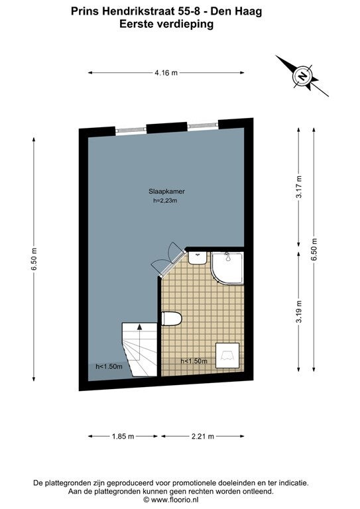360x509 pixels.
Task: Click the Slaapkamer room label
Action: pos(166,192)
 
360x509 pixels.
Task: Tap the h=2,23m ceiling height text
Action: pos(165,201)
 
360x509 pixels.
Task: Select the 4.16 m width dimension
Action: pos(166,73)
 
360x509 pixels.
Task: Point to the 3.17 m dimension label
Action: pos(299,187)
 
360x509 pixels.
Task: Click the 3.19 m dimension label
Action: pos(299,311)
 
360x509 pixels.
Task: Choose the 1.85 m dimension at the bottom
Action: pos(123,436)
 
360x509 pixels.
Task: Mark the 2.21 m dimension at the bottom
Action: pos(203,436)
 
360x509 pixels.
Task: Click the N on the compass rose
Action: pos(302,76)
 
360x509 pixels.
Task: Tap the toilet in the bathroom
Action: pos(172,318)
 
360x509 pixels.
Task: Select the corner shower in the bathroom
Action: pos(227,268)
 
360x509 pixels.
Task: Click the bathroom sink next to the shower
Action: pos(198,258)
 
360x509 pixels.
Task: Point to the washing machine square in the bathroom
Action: pos(227,356)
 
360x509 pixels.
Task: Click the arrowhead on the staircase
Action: pos(140,327)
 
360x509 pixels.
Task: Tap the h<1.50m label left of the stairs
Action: pos(109,367)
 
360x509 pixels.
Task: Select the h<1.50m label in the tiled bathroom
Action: pos(194,361)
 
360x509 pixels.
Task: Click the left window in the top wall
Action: pos(131,130)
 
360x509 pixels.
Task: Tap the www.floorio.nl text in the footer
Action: pos(174,500)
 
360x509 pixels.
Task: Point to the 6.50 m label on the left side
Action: pos(34,258)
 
